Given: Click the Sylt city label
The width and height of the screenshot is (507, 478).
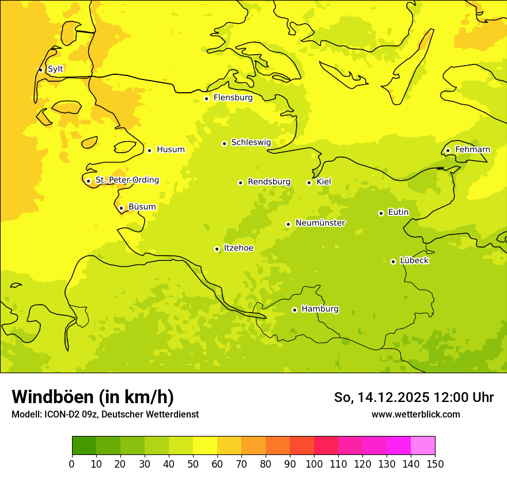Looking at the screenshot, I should [55, 69].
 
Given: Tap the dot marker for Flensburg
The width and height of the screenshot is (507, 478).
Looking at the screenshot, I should [206, 98].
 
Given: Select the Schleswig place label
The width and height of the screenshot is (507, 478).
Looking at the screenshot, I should [251, 142].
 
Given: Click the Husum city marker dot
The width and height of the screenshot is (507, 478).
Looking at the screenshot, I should [149, 150].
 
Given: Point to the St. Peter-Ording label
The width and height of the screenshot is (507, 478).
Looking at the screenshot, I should [127, 180].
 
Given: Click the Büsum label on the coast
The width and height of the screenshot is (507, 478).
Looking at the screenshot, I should [142, 207].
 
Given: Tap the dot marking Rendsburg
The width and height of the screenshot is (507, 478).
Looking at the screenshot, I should [240, 183].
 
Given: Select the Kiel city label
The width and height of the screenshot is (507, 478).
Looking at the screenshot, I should [324, 182].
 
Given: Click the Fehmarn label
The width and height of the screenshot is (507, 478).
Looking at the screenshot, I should [472, 150].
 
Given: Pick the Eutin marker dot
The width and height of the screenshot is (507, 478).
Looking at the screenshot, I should [381, 213].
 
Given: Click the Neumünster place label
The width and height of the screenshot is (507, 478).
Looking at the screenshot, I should [320, 223].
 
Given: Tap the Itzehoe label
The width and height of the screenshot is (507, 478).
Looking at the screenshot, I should [238, 248].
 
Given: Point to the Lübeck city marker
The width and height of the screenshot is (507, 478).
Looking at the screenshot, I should [393, 261].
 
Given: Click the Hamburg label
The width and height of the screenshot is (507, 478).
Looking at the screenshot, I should [320, 309].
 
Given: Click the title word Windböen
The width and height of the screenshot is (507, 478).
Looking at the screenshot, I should [52, 397].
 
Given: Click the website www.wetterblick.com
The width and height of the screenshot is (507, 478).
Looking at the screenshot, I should [415, 414].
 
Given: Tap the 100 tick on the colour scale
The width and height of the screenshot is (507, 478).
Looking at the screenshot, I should [314, 464].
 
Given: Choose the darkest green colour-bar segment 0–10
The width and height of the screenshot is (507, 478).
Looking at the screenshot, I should [84, 445].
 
